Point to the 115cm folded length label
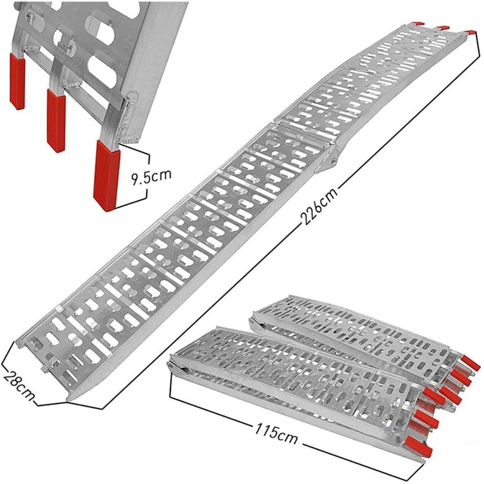click(275, 433)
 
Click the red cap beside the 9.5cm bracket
click(106, 176)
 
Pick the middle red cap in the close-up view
click(56, 120)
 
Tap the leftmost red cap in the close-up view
click(17, 81)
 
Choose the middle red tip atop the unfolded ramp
click(443, 27)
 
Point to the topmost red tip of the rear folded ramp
click(471, 363)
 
